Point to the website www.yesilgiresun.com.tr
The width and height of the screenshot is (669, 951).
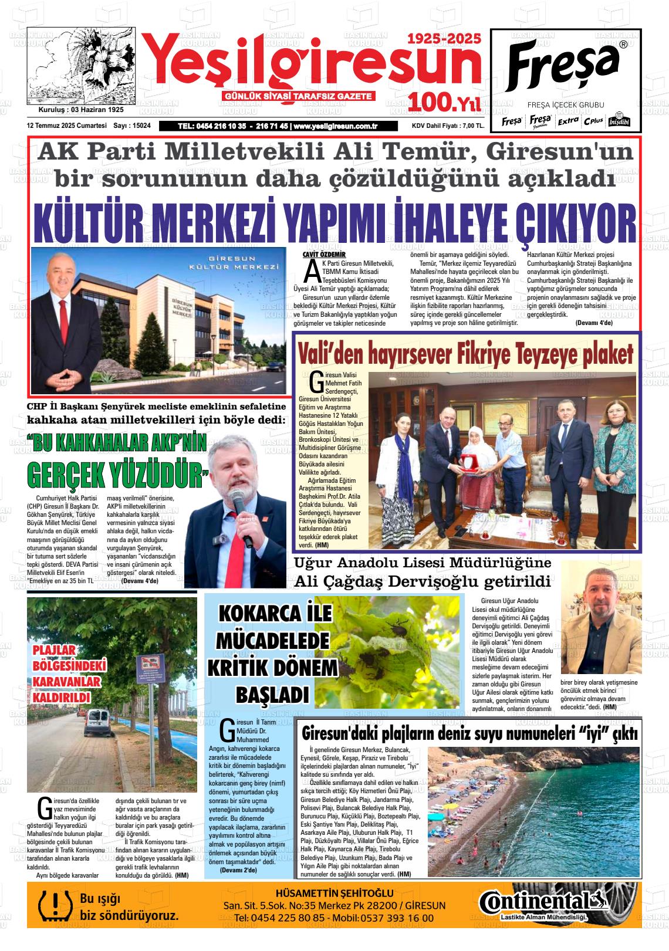coord(335,126)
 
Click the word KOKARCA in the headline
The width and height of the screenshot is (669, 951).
coord(259,614)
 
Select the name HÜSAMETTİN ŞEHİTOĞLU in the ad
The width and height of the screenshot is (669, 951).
coord(334,894)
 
